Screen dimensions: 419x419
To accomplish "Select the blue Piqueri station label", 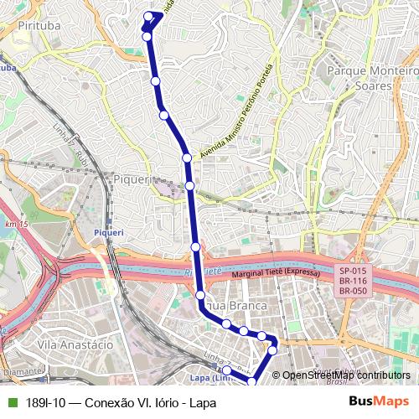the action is (108, 231).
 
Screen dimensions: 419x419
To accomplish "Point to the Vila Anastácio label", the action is (75, 344).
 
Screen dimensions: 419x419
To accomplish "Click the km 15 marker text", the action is (17, 225).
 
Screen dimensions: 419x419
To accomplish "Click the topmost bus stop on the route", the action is (149, 16).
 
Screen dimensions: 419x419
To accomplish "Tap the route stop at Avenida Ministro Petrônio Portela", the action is (187, 157).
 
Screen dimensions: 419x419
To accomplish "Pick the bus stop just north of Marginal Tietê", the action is (195, 246).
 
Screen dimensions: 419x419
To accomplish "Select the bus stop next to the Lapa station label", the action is (226, 370).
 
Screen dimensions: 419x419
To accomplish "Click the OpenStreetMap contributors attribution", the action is (346, 375).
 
